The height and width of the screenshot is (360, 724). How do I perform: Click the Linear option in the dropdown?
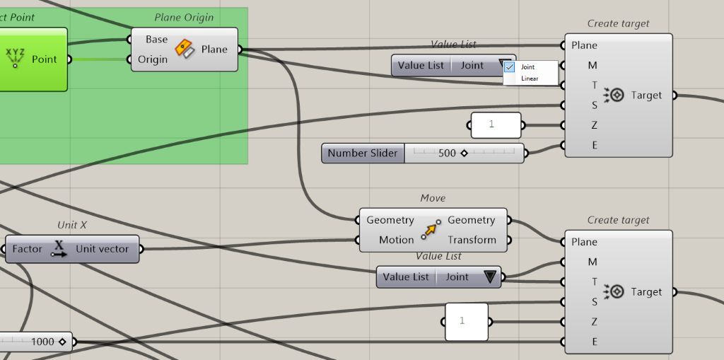(x=530, y=79)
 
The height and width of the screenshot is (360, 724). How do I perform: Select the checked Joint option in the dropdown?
(x=527, y=67)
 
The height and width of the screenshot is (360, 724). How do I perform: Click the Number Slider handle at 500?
(x=464, y=153)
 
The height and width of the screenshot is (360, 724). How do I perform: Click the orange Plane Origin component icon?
(x=185, y=50)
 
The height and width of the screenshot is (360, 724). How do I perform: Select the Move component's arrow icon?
(x=431, y=230)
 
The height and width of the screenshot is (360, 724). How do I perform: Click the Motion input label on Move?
(x=396, y=240)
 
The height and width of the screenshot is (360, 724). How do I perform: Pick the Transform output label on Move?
(x=472, y=240)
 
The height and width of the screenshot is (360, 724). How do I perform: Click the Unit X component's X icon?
(x=59, y=249)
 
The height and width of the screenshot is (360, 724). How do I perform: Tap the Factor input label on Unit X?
(x=27, y=249)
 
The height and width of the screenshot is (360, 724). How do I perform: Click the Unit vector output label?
(x=103, y=249)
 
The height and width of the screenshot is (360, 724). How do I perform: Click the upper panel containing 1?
(x=496, y=125)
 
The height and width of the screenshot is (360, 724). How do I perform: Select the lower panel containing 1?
(x=467, y=321)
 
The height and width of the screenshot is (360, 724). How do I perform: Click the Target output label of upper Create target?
(x=646, y=95)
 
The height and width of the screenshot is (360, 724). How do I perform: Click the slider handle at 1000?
(x=62, y=342)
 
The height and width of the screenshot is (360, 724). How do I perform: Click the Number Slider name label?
(x=363, y=153)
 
